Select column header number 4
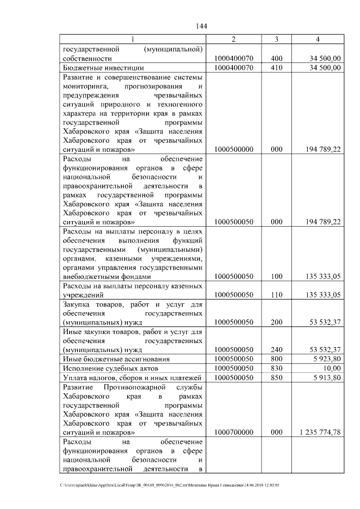318,39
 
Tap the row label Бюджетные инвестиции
97,67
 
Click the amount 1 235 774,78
318,432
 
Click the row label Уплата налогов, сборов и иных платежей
131,377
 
